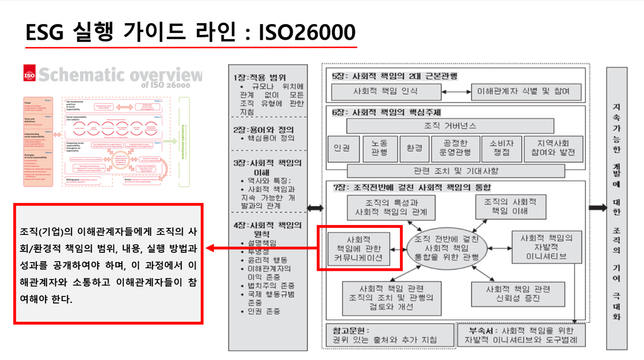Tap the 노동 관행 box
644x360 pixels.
380,149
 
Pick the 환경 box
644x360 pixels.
414,149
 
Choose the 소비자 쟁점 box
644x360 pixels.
501,149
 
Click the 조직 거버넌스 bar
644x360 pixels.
450,125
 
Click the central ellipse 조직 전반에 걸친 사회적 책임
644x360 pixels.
447,248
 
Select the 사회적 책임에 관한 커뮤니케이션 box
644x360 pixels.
359,249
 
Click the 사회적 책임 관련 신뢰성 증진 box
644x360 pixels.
518,294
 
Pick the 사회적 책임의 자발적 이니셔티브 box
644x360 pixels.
546,247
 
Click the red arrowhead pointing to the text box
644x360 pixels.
211,248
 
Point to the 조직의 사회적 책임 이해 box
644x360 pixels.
510,207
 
